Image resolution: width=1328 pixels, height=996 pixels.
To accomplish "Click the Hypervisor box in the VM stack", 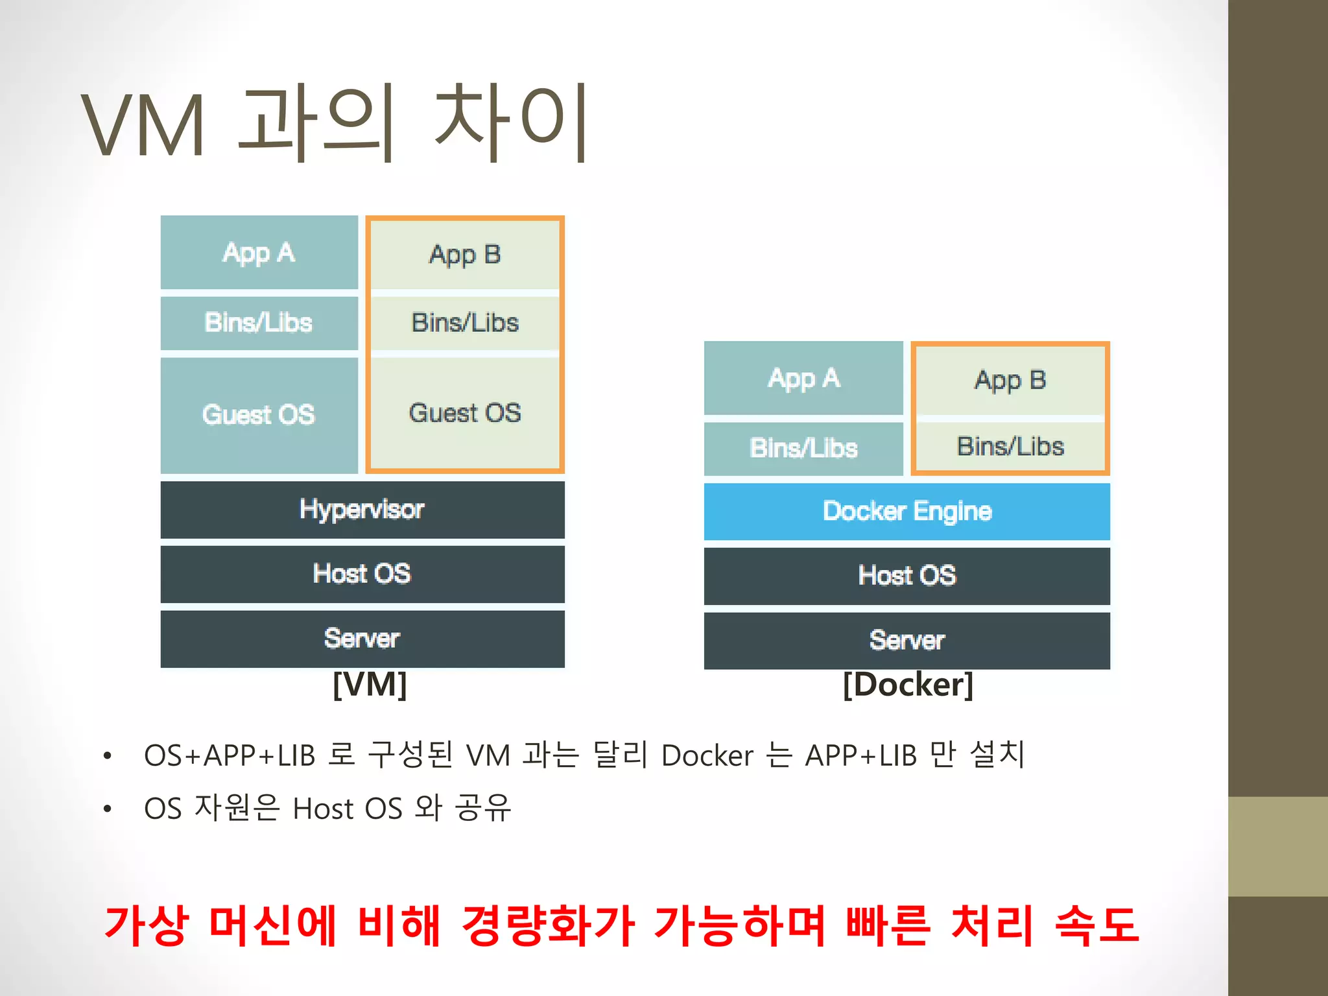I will [x=362, y=510].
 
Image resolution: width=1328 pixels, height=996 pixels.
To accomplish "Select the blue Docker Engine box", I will [x=907, y=512].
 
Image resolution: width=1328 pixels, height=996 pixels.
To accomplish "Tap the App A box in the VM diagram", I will [x=259, y=253].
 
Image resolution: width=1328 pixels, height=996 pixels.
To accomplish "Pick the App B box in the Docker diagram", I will [x=1010, y=381].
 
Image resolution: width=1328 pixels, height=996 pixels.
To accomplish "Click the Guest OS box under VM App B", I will [x=464, y=413].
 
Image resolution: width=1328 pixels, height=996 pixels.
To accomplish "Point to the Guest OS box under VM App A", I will [x=259, y=415].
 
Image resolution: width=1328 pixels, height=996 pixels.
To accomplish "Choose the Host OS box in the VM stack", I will [x=362, y=574].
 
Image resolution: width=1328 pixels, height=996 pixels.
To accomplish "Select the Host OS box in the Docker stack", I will [x=907, y=576].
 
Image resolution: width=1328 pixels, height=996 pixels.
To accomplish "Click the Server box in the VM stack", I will [x=362, y=639].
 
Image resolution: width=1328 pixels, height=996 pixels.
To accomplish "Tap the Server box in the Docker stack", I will [x=907, y=641].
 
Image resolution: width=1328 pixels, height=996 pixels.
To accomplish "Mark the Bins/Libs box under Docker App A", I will [x=803, y=448].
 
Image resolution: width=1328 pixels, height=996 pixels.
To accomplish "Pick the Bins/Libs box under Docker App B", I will [x=1010, y=447].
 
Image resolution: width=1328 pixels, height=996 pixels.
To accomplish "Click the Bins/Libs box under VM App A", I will [x=259, y=323].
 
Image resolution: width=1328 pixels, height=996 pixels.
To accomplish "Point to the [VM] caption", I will [x=370, y=685].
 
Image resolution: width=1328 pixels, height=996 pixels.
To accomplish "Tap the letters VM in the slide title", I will [x=144, y=125].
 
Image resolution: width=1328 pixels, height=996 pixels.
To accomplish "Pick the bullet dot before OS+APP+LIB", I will [x=108, y=756].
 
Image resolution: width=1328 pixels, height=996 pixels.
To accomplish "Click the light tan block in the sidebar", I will [x=1277, y=846].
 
